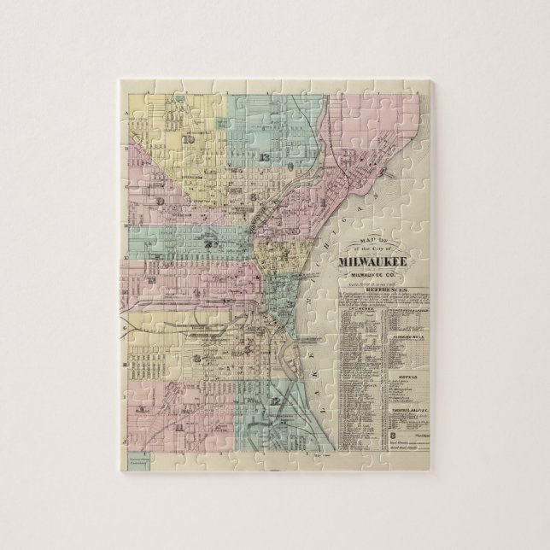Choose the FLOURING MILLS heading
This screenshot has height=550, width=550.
[403, 338]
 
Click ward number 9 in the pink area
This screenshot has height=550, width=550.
[160, 200]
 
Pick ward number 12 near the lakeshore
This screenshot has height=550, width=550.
[274, 401]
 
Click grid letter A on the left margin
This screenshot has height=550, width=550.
[126, 112]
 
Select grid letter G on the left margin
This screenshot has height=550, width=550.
[126, 326]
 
